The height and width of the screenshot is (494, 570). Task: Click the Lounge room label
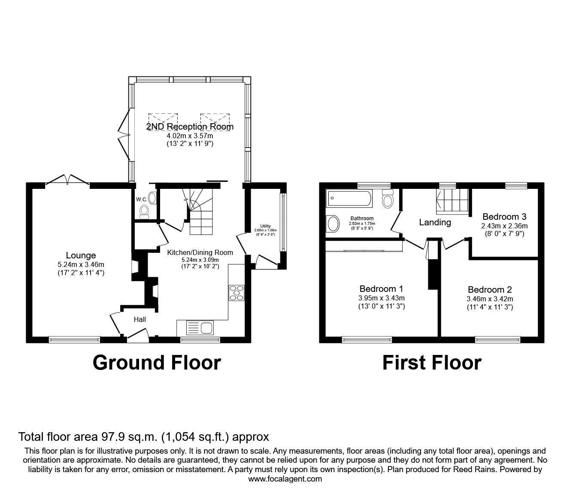tap(81, 256)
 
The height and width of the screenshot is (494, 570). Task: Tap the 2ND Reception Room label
tap(190, 127)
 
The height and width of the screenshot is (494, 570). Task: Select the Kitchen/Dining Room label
tap(200, 252)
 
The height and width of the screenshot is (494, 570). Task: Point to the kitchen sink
tap(200, 328)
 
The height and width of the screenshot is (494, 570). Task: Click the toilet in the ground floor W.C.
tap(144, 211)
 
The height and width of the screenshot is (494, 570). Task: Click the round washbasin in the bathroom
tap(333, 224)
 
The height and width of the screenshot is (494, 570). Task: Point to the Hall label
tap(139, 319)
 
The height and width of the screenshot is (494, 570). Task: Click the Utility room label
tap(265, 226)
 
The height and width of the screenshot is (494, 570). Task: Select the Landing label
tap(435, 222)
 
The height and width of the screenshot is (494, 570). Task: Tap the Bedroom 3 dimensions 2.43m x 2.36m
tap(504, 226)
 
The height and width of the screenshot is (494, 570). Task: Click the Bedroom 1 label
tap(381, 288)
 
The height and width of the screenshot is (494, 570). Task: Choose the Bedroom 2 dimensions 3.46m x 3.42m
tap(490, 299)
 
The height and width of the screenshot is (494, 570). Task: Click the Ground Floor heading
tap(157, 363)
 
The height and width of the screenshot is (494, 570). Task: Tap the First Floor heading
tap(431, 363)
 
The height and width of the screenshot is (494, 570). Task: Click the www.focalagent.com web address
tap(285, 479)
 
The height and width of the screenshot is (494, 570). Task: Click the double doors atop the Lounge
tap(67, 180)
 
